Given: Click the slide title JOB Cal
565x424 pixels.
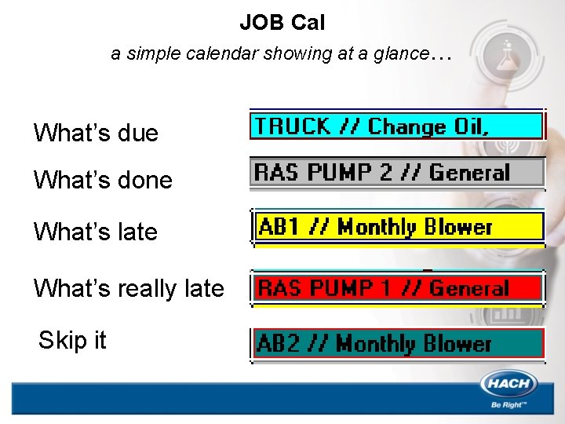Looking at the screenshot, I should (282, 23).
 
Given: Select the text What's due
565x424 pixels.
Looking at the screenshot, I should (96, 133).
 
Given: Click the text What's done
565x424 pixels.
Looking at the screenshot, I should (103, 180).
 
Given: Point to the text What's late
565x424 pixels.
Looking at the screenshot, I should (96, 232).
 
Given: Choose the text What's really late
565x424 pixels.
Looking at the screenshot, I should (129, 288).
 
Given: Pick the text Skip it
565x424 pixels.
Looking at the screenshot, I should (72, 340).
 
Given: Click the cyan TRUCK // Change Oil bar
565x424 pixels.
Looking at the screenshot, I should (397, 126).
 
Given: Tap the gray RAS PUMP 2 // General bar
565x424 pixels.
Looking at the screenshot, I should (397, 172).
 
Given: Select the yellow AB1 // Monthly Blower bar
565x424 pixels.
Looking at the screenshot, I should (397, 227).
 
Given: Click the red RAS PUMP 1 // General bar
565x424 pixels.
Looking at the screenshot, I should (397, 288).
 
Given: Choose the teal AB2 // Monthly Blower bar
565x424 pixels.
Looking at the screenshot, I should (397, 343).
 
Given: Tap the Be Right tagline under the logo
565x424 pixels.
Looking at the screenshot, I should (508, 405).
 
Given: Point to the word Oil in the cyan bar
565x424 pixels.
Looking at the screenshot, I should (471, 126).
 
